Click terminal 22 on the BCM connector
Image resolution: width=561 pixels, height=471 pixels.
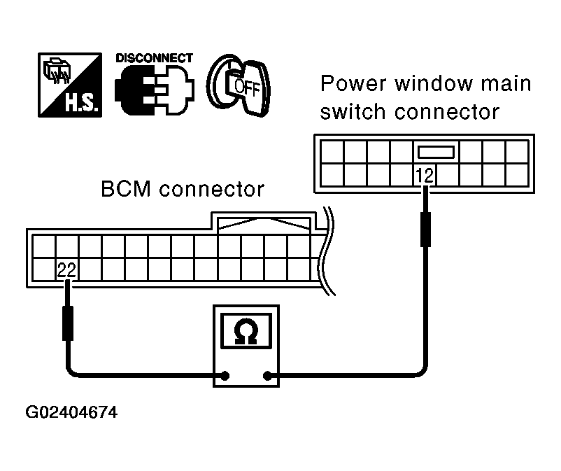[x=67, y=270]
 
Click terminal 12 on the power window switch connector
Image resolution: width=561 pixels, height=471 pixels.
[x=425, y=176]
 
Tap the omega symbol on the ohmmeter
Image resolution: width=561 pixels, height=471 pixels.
[x=246, y=331]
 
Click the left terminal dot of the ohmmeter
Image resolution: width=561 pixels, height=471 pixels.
[x=225, y=376]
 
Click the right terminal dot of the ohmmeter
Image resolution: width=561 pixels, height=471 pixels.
[x=267, y=376]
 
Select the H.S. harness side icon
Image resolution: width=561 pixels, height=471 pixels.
[x=70, y=85]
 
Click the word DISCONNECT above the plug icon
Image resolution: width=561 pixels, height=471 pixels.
[x=154, y=58]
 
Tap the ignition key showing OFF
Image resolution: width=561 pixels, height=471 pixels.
[x=239, y=85]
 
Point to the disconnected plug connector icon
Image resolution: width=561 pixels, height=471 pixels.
[x=154, y=90]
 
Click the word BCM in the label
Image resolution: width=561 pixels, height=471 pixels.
[x=126, y=189]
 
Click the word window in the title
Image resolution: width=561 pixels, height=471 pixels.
[x=434, y=83]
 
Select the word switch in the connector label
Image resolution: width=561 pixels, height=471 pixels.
[x=353, y=112]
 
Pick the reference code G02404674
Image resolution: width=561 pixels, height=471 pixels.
[x=71, y=412]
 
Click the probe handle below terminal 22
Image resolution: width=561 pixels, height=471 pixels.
[x=68, y=323]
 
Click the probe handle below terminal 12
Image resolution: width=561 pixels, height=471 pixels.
[x=425, y=230]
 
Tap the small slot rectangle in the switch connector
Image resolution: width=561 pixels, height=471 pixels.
[x=436, y=152]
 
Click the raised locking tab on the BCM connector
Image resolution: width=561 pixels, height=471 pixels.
[x=264, y=222]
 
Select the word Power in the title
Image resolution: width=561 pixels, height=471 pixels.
[x=353, y=83]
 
